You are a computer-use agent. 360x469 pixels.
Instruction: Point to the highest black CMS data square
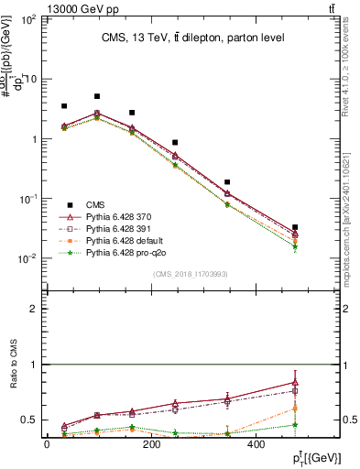tap(97, 96)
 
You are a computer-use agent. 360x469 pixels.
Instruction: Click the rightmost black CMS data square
tap(294, 227)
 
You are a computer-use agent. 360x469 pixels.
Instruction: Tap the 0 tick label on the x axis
tap(47, 444)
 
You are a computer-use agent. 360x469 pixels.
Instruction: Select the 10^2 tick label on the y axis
tap(29, 19)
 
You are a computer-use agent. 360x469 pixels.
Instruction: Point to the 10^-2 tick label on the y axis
tap(28, 259)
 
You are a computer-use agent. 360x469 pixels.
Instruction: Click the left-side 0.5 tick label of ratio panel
tap(30, 420)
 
